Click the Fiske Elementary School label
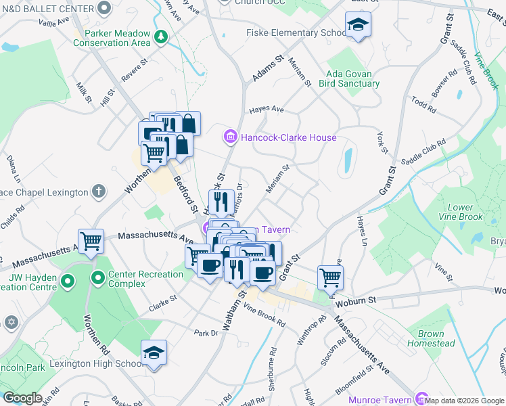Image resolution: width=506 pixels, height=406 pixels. (296, 33)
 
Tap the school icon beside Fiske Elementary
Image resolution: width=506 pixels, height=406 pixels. (356, 25)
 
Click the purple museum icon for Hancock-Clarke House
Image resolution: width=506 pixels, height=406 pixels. (230, 137)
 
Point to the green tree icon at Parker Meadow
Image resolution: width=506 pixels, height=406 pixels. (160, 36)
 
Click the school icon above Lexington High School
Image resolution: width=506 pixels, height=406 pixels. (154, 353)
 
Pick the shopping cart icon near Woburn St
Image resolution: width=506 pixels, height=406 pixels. (330, 276)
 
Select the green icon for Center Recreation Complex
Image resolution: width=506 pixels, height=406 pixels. (97, 277)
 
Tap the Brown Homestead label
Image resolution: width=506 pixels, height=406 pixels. (431, 338)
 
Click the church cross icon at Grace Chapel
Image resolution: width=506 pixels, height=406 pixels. (99, 191)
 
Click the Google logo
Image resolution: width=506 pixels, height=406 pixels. (22, 398)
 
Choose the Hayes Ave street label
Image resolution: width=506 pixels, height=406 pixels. (266, 110)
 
